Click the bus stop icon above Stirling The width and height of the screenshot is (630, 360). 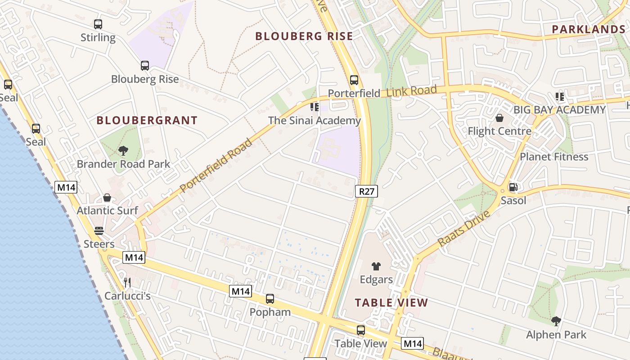98,24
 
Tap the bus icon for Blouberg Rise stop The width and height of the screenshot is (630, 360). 144,66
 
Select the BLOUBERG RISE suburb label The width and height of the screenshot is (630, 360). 304,36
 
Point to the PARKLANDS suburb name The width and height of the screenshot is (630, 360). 589,29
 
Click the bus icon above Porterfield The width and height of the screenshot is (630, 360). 354,80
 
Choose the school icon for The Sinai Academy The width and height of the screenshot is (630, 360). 315,107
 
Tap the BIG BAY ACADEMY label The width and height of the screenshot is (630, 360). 560,110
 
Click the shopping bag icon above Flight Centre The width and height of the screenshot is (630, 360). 499,118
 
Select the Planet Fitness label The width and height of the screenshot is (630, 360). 554,157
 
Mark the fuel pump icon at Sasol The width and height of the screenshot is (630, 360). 513,187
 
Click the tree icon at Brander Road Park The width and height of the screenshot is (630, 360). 123,151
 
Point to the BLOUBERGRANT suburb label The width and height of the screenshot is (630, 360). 147,121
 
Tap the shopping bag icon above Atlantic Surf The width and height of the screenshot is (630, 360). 107,198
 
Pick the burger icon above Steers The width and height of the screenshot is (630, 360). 99,231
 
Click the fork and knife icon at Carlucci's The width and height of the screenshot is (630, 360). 127,283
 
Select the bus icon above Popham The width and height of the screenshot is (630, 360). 270,299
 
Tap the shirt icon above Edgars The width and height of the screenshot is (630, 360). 376,266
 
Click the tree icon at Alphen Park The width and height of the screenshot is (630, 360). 556,321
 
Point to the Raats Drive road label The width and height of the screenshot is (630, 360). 463,227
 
